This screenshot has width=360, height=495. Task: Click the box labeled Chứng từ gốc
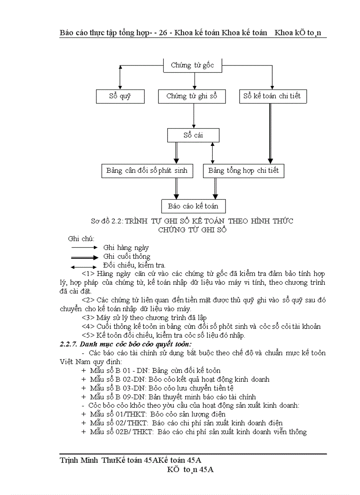193,66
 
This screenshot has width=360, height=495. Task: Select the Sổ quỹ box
120,96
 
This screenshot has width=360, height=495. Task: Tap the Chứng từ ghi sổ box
192,96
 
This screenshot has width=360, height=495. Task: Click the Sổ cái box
193,135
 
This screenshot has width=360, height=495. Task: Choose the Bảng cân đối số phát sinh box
147,171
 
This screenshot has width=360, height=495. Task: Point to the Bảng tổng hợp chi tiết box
244,171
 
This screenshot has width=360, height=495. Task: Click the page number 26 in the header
167,33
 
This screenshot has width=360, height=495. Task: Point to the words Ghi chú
81,238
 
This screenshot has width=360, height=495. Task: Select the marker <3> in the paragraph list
88,317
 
